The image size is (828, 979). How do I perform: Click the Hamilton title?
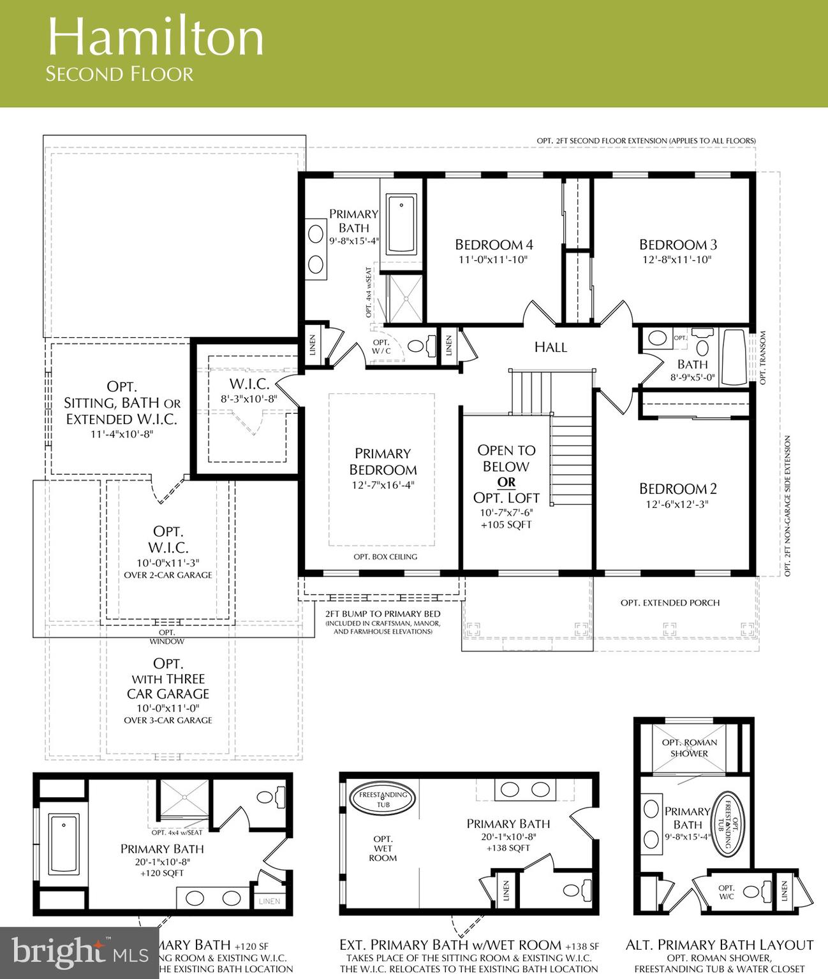155,37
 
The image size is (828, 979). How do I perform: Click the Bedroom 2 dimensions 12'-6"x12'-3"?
678,504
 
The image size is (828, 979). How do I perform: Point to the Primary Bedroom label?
383,461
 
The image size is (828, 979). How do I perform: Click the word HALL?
551,347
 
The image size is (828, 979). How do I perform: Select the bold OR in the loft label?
506,482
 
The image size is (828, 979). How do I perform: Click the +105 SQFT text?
506,525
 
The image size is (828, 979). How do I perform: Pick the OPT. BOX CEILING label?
385,556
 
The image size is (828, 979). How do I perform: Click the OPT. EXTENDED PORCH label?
670,602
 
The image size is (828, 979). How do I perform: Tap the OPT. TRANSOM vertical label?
762,358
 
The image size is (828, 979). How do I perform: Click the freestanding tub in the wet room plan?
383,799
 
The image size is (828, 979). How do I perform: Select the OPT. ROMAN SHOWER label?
689,748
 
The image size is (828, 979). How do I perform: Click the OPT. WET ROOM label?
383,848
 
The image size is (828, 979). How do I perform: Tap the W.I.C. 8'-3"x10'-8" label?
249,390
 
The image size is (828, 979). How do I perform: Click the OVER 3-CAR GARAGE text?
168,720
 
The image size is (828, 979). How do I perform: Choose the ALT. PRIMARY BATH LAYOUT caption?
720,945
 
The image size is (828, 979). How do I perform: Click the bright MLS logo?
80,953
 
